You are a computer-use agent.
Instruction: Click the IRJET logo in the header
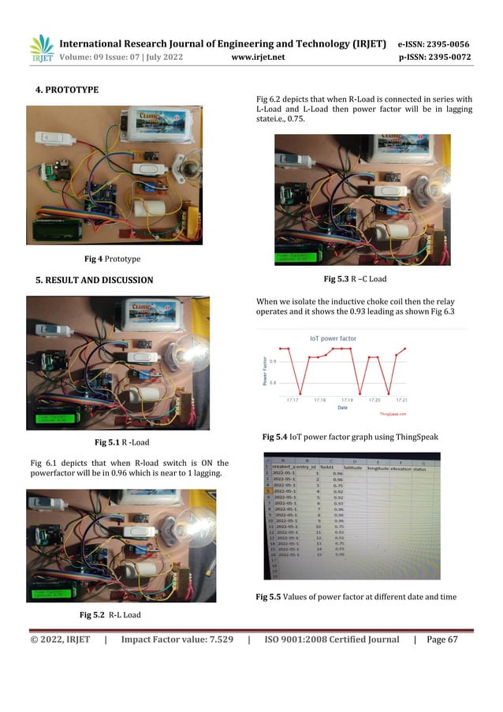(x=41, y=48)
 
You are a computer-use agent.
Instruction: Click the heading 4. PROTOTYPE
(x=62, y=90)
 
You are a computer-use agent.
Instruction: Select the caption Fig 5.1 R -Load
(x=121, y=442)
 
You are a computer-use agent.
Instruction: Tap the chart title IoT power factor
(x=332, y=338)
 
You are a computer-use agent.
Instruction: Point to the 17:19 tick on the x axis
(x=347, y=400)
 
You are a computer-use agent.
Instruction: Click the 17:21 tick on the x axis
(x=401, y=400)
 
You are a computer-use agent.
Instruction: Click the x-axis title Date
(x=342, y=408)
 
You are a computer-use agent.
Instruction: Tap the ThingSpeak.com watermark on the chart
(x=393, y=413)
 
